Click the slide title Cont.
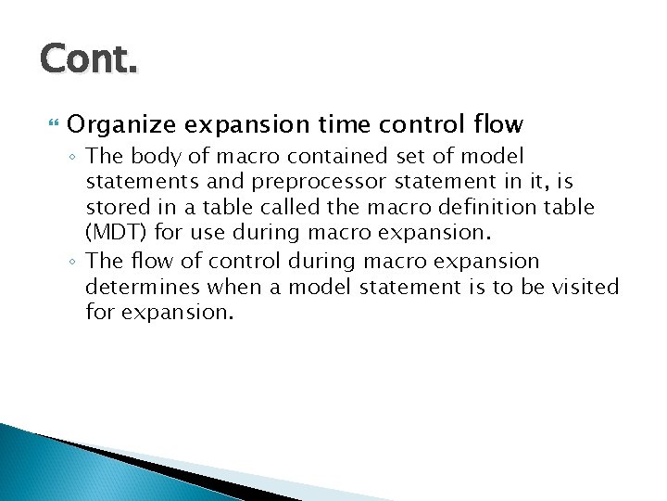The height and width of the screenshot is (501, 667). pos(89,59)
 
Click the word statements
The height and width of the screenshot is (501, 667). pos(140,183)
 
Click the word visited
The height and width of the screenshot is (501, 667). pos(575,288)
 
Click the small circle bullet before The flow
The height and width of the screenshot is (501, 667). pos(73,263)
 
